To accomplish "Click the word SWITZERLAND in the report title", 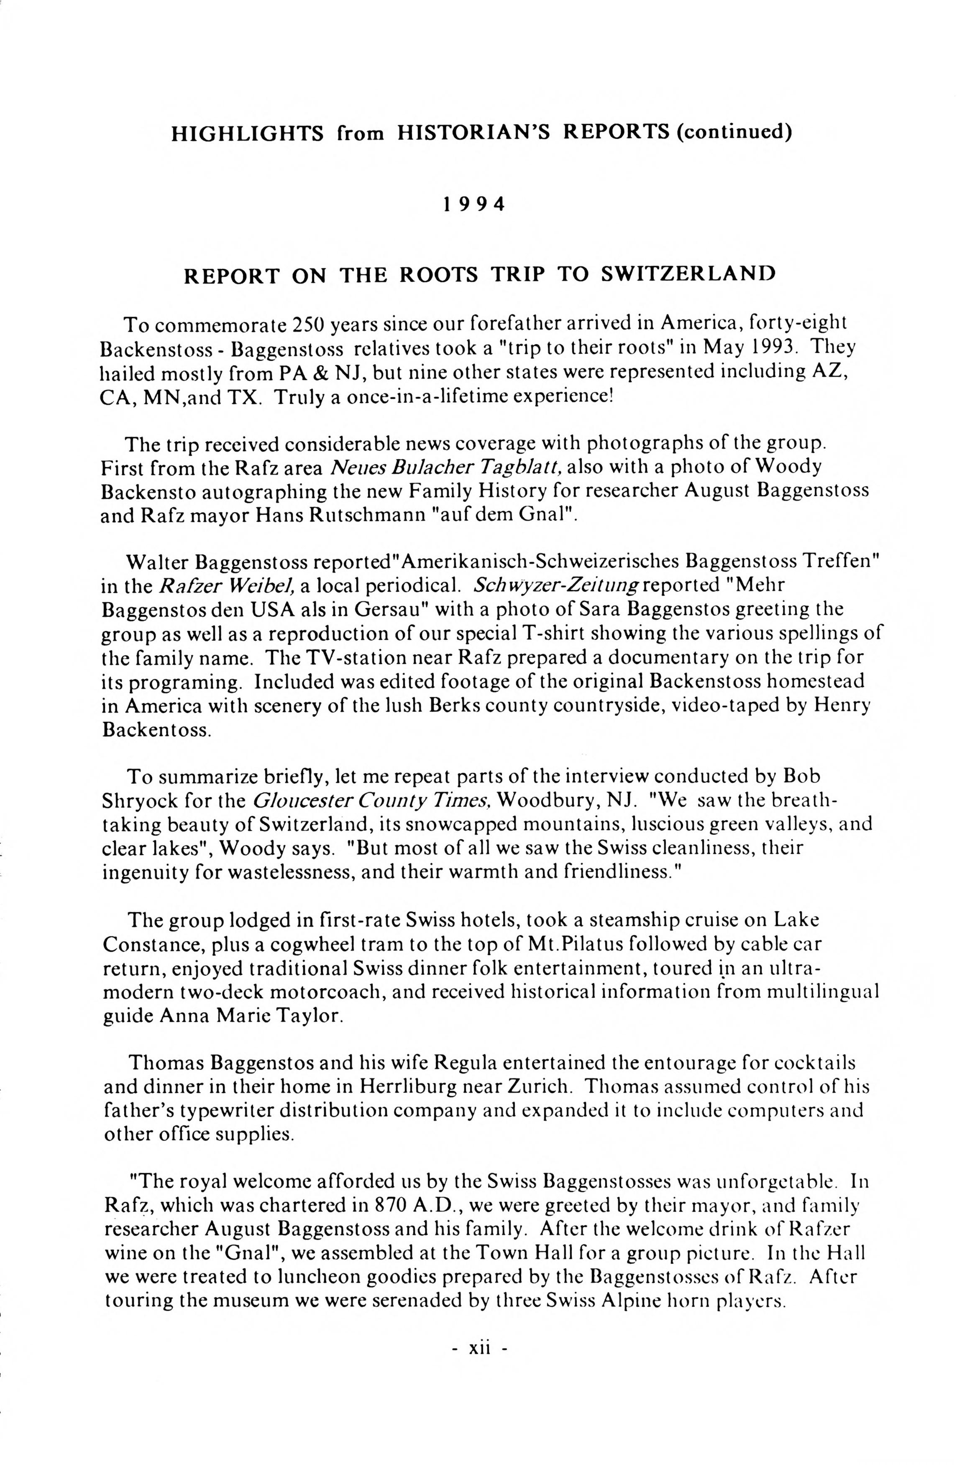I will (x=688, y=274).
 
